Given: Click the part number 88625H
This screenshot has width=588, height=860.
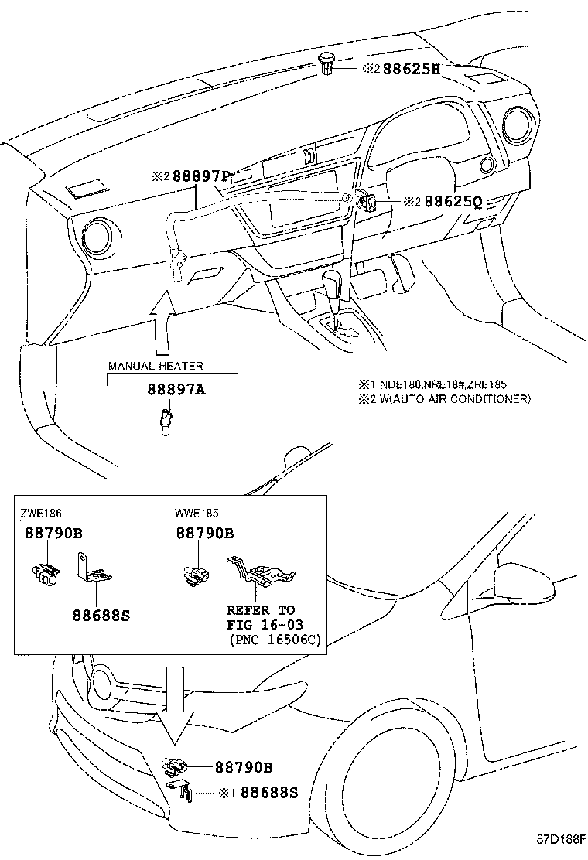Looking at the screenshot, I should [x=410, y=68].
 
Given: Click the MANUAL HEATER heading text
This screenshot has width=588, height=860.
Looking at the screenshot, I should [x=156, y=367].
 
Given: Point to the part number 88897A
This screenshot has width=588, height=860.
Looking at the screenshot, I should [x=176, y=391].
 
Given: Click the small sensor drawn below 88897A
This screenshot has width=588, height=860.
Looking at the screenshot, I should [x=163, y=422].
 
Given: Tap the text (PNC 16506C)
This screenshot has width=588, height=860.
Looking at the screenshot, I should [x=275, y=639].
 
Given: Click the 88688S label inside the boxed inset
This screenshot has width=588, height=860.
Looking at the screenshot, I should [x=101, y=616].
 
